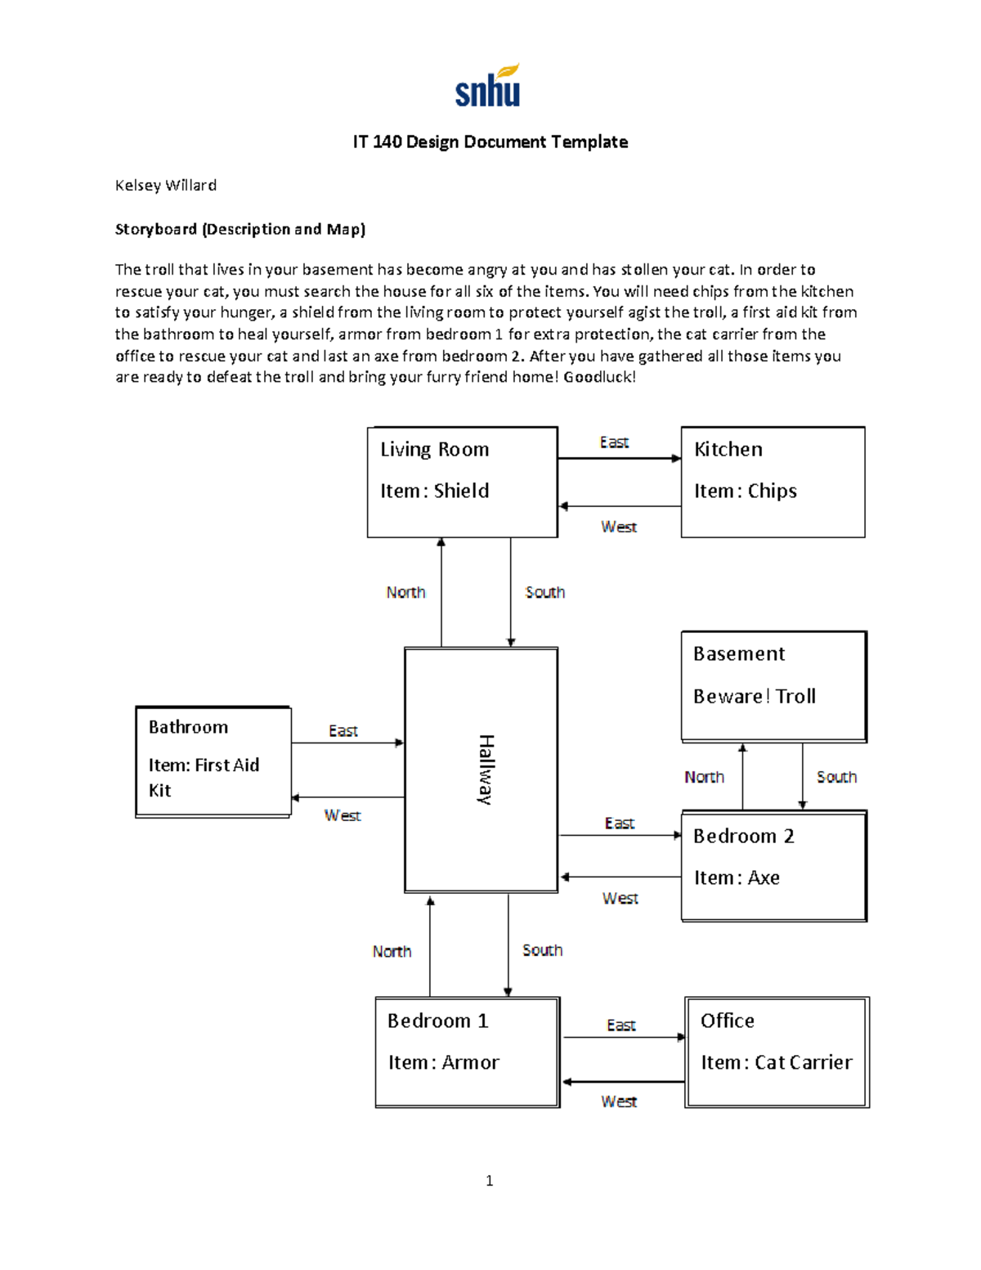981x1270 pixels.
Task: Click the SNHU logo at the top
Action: click(x=488, y=87)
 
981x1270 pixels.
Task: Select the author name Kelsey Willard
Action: click(x=166, y=186)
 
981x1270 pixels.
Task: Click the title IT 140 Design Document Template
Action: click(x=490, y=142)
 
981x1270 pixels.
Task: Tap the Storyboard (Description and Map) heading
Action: click(x=240, y=229)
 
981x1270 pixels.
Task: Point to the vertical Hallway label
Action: click(x=486, y=770)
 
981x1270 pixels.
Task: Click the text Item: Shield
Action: click(x=435, y=491)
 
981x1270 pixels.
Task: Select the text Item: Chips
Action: click(x=746, y=491)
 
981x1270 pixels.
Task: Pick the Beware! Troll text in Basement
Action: click(x=755, y=696)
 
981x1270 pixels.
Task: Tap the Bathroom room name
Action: click(x=188, y=727)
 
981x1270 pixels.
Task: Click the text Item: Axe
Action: click(x=737, y=877)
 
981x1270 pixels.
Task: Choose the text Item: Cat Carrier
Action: click(x=777, y=1062)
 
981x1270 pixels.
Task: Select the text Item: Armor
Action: click(x=444, y=1062)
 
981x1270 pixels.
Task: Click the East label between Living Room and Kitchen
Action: click(x=614, y=442)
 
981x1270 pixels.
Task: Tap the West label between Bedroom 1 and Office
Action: click(x=619, y=1102)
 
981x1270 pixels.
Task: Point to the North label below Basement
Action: click(x=704, y=777)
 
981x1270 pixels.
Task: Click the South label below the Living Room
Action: click(x=544, y=592)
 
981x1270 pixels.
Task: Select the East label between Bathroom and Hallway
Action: click(x=343, y=730)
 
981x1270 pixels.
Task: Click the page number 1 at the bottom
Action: click(x=490, y=1180)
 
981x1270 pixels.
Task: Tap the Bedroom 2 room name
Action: click(x=744, y=836)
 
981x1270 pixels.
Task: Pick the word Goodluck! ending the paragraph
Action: click(x=599, y=377)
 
